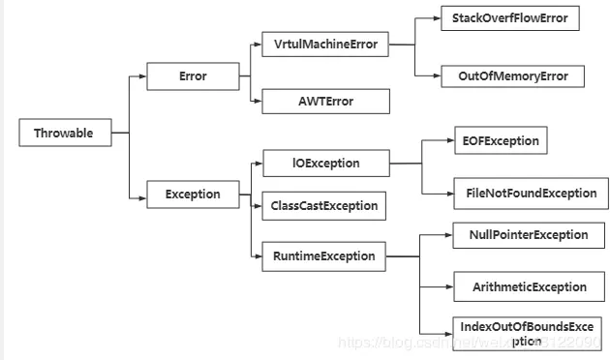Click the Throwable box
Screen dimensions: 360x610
tap(64, 134)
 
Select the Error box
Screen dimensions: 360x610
tap(193, 76)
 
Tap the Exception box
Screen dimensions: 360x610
tap(193, 194)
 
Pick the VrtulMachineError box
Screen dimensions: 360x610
tap(325, 45)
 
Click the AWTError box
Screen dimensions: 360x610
tap(325, 102)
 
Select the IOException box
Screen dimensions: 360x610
tap(325, 164)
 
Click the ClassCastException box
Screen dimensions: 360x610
tap(325, 205)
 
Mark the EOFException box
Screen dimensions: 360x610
tap(500, 140)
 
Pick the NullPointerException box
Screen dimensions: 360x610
tap(529, 234)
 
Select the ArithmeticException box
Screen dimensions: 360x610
tap(529, 286)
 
